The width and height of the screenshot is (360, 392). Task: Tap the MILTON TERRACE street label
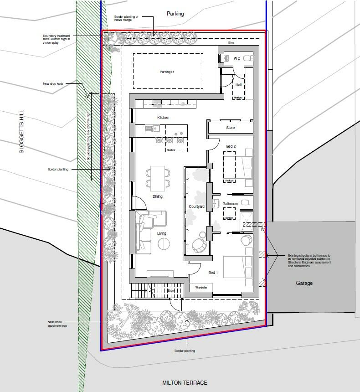185,383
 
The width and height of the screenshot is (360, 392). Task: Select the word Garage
304,283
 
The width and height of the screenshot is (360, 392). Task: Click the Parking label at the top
175,14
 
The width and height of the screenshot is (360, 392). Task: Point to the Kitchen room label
163,118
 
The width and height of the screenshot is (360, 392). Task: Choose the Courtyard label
197,207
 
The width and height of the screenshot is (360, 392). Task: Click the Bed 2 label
231,146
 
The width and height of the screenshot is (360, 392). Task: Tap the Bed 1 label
213,273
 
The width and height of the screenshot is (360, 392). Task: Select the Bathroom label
230,204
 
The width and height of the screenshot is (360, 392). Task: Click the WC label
237,58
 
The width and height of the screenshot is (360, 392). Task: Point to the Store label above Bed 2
231,128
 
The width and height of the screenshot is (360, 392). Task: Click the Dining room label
158,197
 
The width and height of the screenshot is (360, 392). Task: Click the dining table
158,178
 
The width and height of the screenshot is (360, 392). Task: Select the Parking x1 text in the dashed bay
167,72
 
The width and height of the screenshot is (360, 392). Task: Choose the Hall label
238,85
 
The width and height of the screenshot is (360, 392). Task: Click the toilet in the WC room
225,58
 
